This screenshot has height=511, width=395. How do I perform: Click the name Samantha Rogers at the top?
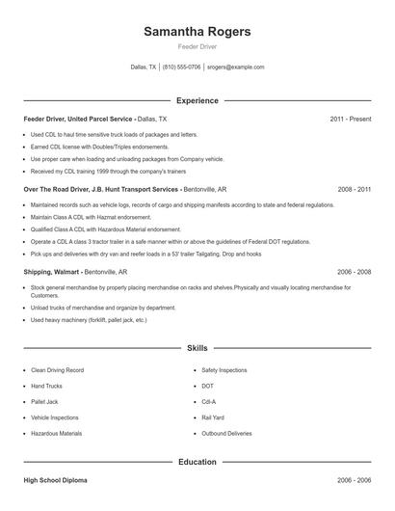pyautogui.click(x=197, y=32)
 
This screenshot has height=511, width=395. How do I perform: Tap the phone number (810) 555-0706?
pyautogui.click(x=182, y=67)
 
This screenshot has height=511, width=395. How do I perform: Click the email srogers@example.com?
pyautogui.click(x=236, y=67)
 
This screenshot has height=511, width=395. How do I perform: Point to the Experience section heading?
pyautogui.click(x=197, y=100)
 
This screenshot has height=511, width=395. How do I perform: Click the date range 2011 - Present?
pyautogui.click(x=350, y=119)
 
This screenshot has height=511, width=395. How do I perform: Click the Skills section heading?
pyautogui.click(x=197, y=347)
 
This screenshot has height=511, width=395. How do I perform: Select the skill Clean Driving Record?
pyautogui.click(x=57, y=370)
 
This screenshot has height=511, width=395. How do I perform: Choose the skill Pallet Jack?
pyautogui.click(x=44, y=402)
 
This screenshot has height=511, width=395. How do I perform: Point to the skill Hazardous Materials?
pyautogui.click(x=56, y=434)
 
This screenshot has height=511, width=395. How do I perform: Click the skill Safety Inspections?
pyautogui.click(x=224, y=370)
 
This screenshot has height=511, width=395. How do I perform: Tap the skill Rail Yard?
pyautogui.click(x=213, y=417)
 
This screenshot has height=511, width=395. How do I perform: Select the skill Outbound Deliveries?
pyautogui.click(x=226, y=434)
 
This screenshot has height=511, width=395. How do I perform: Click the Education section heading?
pyautogui.click(x=197, y=463)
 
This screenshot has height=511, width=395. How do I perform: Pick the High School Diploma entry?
pyautogui.click(x=58, y=480)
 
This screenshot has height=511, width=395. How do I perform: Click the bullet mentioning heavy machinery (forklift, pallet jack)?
pyautogui.click(x=89, y=319)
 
